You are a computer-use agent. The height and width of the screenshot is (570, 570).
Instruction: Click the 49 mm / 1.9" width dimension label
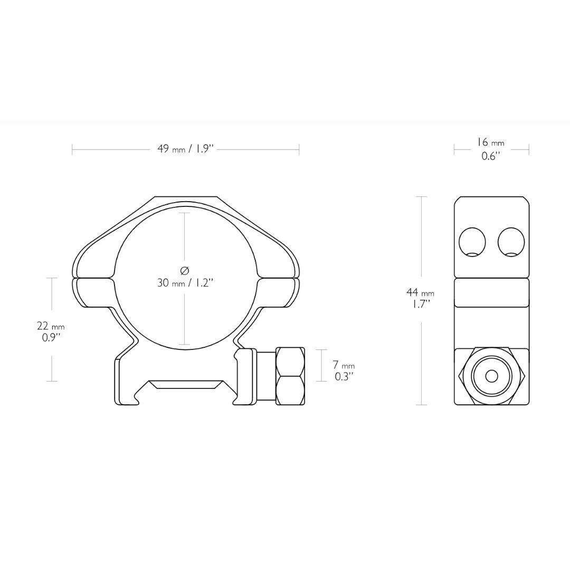185,149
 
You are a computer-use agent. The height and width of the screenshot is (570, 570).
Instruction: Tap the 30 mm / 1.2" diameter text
185,283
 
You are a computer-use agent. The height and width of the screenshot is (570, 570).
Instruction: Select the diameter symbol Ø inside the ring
185,271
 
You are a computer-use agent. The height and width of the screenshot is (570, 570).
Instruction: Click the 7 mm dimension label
344,365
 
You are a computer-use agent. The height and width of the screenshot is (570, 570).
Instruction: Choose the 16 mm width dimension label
490,142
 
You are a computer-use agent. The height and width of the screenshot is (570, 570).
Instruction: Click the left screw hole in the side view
472,243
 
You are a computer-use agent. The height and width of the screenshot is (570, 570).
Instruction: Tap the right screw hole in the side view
511,243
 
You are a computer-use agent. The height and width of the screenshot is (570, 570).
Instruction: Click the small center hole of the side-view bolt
491,376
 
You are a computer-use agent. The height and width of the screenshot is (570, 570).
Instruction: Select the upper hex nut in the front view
290,362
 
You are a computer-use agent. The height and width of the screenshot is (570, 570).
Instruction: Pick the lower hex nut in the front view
290,391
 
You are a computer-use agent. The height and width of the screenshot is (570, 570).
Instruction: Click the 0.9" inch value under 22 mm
51,338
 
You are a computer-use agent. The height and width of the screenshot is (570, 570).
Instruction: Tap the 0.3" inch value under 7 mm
344,377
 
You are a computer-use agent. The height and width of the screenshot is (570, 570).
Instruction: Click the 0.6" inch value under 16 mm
490,156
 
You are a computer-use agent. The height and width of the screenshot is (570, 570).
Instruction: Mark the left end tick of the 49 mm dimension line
72,150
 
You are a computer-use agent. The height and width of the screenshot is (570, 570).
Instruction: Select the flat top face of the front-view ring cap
185,198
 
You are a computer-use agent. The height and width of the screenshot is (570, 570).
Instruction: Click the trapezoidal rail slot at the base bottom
185,384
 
